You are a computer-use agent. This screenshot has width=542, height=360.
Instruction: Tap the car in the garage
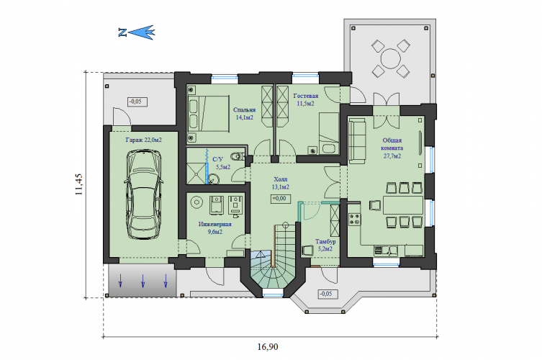(x=143, y=194)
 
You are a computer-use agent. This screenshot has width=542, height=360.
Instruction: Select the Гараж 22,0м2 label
(x=143, y=140)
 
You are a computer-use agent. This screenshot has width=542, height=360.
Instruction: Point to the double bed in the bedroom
(x=209, y=114)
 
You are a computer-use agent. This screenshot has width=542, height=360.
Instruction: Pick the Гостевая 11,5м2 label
(x=306, y=99)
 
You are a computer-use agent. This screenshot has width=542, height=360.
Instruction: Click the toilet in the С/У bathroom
(x=238, y=156)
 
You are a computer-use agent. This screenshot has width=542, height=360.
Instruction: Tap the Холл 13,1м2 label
(x=280, y=184)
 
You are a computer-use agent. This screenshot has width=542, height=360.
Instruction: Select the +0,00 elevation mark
(x=280, y=199)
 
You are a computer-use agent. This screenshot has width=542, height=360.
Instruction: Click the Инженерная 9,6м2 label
(x=214, y=228)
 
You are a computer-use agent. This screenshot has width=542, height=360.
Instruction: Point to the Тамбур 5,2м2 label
(x=325, y=245)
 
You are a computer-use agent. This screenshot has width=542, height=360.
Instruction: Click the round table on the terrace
(x=391, y=59)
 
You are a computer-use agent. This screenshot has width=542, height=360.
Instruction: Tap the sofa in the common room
(x=357, y=141)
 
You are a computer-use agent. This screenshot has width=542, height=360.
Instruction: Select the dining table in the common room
(x=403, y=205)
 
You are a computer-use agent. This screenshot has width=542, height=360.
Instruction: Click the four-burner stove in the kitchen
(x=354, y=220)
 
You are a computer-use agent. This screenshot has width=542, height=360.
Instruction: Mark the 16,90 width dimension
(x=268, y=346)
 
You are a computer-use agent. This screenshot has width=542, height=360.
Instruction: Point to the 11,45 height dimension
(x=79, y=184)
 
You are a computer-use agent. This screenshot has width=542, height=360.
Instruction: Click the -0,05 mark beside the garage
(x=137, y=102)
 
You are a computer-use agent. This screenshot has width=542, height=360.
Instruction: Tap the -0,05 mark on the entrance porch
(x=328, y=294)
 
